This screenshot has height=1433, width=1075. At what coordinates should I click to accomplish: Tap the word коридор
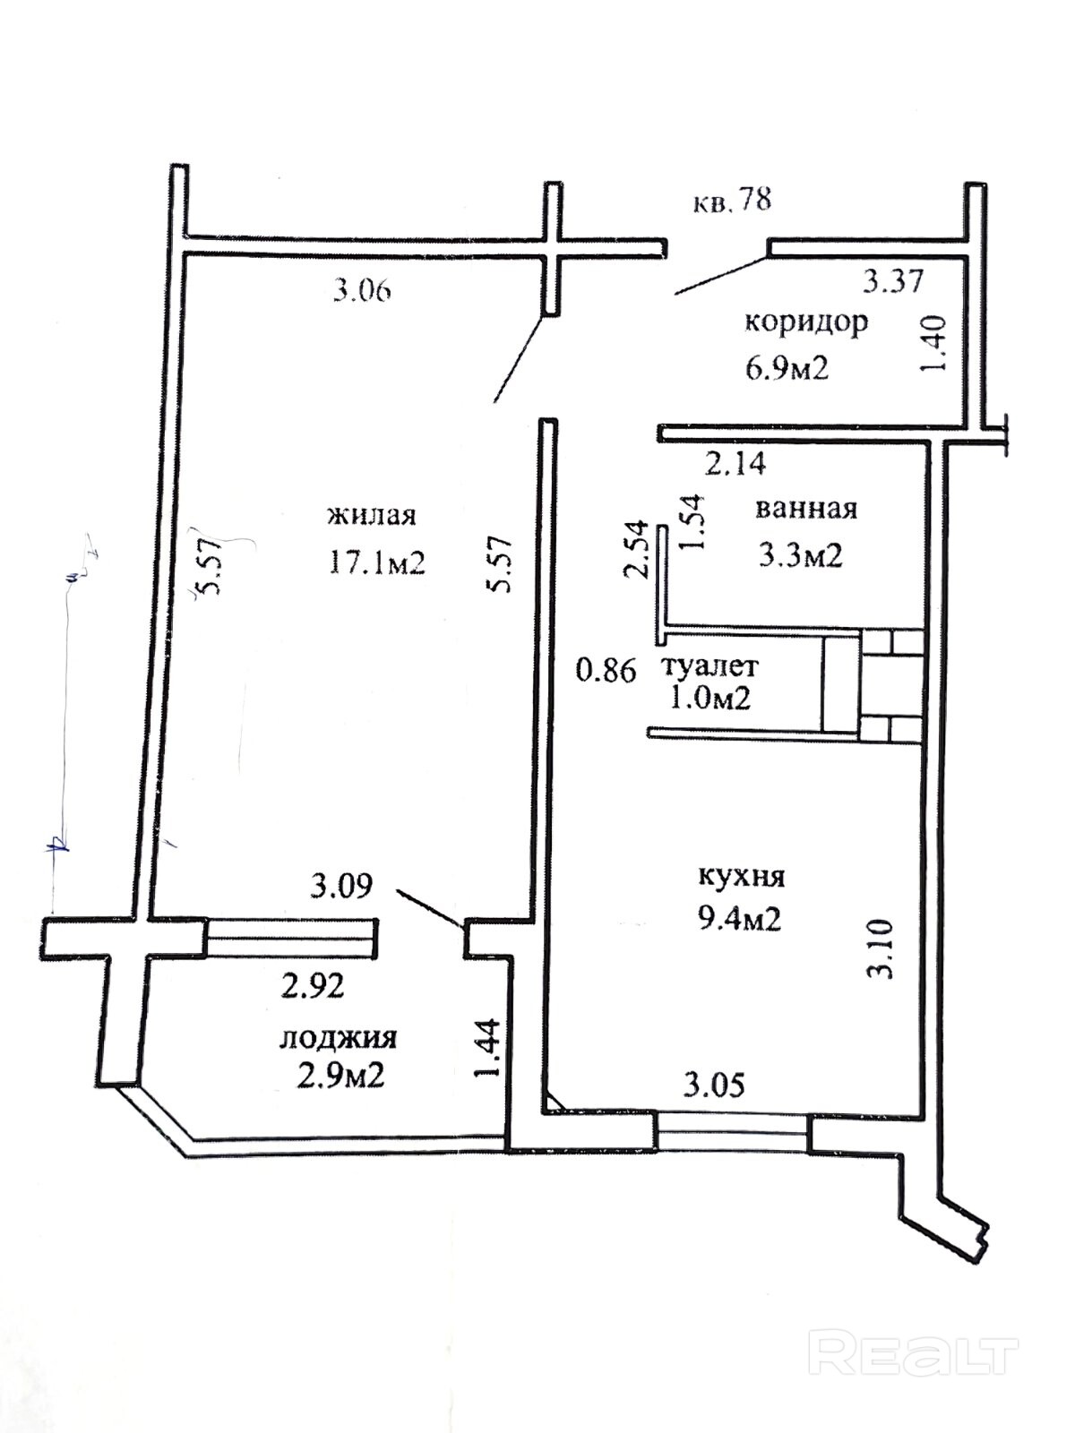pyautogui.click(x=806, y=322)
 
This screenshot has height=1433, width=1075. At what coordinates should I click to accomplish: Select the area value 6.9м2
pyautogui.click(x=787, y=368)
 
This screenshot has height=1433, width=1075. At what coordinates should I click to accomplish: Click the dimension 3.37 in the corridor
pyautogui.click(x=893, y=280)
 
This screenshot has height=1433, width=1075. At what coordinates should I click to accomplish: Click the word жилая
pyautogui.click(x=372, y=516)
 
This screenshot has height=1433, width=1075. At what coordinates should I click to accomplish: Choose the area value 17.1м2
pyautogui.click(x=376, y=562)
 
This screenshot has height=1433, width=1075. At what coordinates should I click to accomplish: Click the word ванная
pyautogui.click(x=806, y=509)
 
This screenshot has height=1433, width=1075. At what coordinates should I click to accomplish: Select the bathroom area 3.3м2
pyautogui.click(x=800, y=555)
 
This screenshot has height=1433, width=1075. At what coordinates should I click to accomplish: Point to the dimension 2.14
pyautogui.click(x=735, y=464)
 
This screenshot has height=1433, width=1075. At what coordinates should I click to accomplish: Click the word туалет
pyautogui.click(x=710, y=666)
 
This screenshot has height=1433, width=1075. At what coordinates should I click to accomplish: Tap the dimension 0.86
pyautogui.click(x=606, y=671)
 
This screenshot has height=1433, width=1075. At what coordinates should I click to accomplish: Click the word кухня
pyautogui.click(x=742, y=876)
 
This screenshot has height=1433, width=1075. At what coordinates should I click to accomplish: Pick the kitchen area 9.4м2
pyautogui.click(x=738, y=921)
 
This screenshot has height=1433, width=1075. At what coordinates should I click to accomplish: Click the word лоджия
pyautogui.click(x=338, y=1038)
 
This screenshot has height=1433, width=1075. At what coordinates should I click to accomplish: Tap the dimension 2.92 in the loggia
pyautogui.click(x=312, y=986)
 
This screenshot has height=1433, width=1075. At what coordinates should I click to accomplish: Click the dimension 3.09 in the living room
pyautogui.click(x=340, y=886)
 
